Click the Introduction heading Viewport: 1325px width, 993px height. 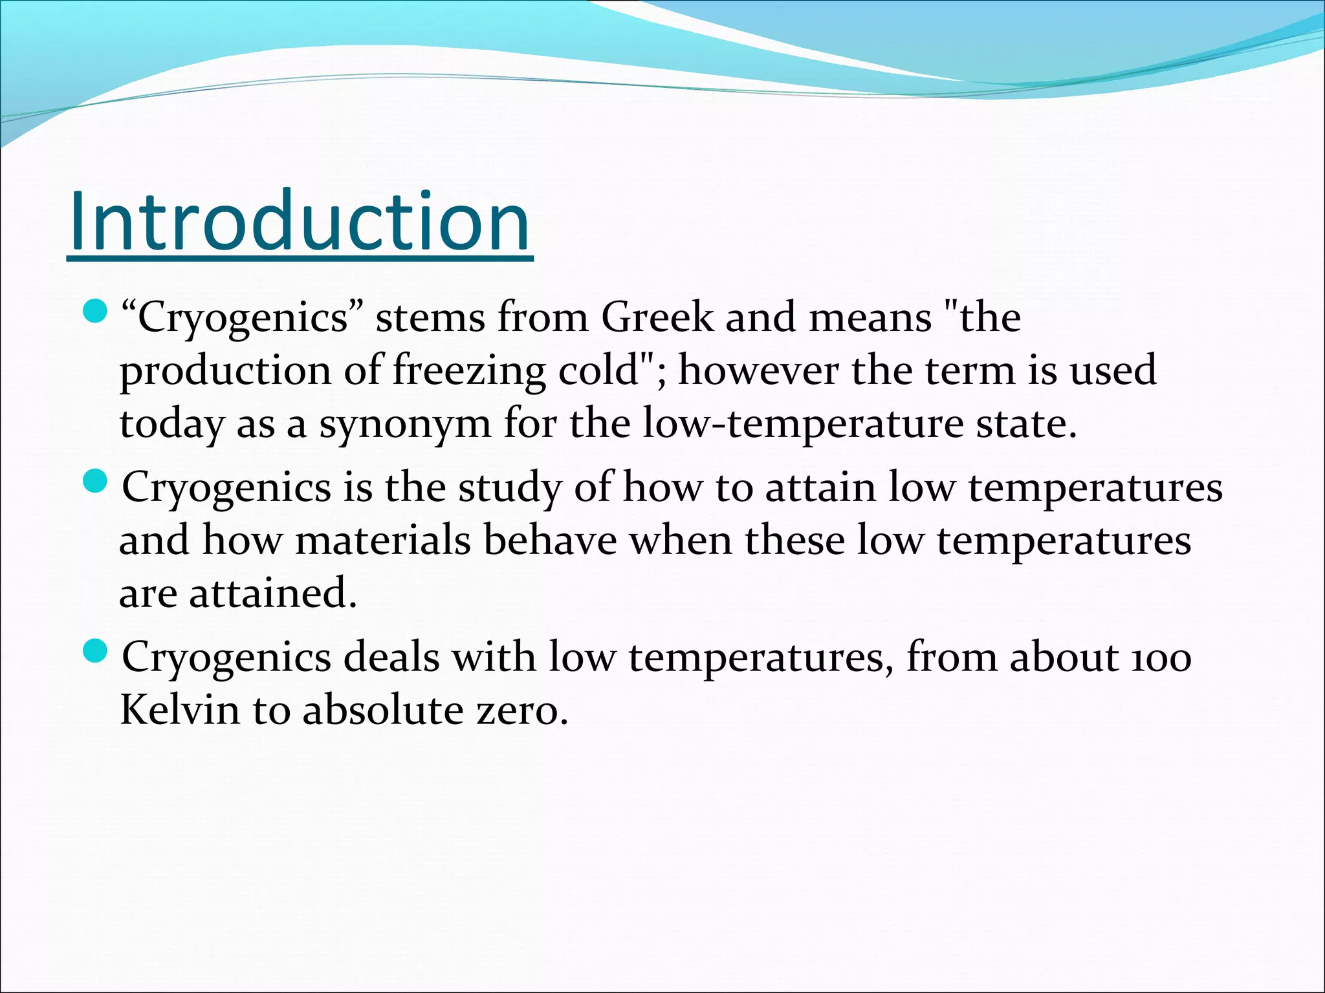[x=300, y=221]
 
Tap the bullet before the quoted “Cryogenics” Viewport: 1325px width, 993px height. [x=95, y=312]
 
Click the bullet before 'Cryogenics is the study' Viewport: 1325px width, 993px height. [x=95, y=482]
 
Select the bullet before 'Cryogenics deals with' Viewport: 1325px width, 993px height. [x=95, y=651]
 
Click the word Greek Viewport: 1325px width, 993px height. [x=657, y=317]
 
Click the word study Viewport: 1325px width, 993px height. [x=510, y=488]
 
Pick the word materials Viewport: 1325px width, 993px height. [x=382, y=540]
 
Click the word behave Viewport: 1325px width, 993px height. [x=550, y=540]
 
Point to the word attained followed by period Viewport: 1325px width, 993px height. [x=272, y=593]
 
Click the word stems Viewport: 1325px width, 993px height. [x=430, y=317]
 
